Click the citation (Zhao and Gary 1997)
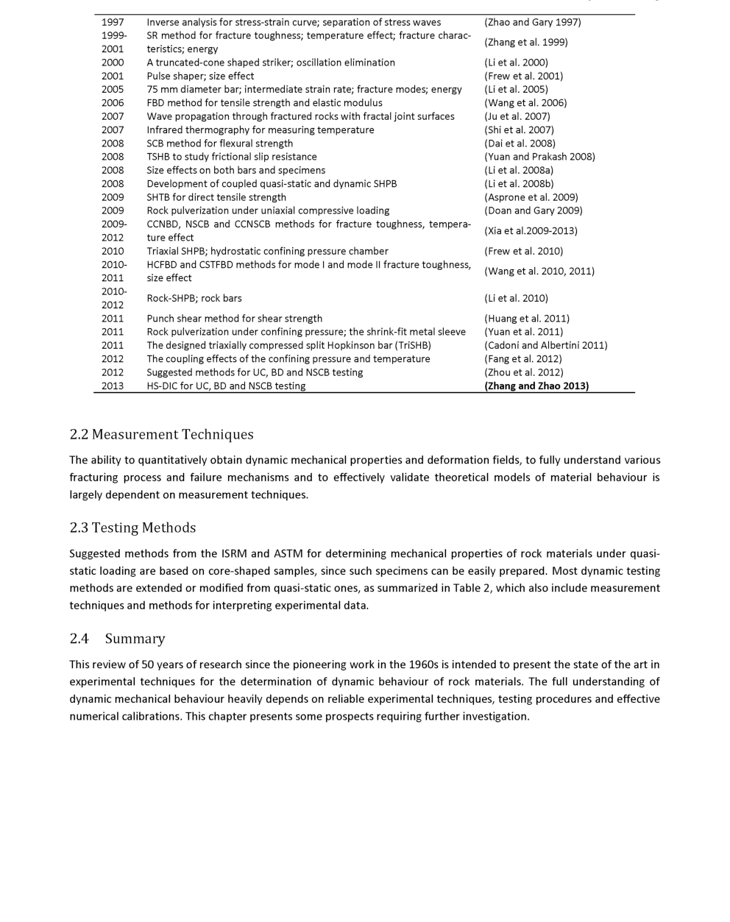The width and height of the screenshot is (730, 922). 532,22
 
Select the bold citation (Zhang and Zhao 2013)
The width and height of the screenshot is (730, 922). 536,386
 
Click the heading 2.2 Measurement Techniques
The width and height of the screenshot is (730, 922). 161,434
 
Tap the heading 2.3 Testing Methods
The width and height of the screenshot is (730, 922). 132,528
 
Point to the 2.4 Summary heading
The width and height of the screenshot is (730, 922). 117,638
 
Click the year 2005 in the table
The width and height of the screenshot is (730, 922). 113,89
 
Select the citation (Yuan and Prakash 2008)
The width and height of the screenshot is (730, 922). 539,157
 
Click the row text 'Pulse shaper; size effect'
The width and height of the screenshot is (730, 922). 200,76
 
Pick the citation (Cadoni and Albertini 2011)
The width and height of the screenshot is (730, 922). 545,345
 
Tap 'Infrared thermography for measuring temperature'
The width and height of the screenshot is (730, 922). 260,130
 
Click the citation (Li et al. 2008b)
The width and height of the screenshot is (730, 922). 519,184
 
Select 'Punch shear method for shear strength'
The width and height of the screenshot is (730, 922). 234,319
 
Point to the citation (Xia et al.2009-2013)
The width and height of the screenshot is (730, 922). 531,231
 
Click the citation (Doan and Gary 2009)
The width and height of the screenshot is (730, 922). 533,210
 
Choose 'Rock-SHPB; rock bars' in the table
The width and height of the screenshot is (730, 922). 194,298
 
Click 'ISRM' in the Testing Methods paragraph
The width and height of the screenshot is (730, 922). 235,553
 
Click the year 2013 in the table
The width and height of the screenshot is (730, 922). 113,386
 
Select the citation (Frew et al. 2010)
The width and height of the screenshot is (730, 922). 523,251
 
